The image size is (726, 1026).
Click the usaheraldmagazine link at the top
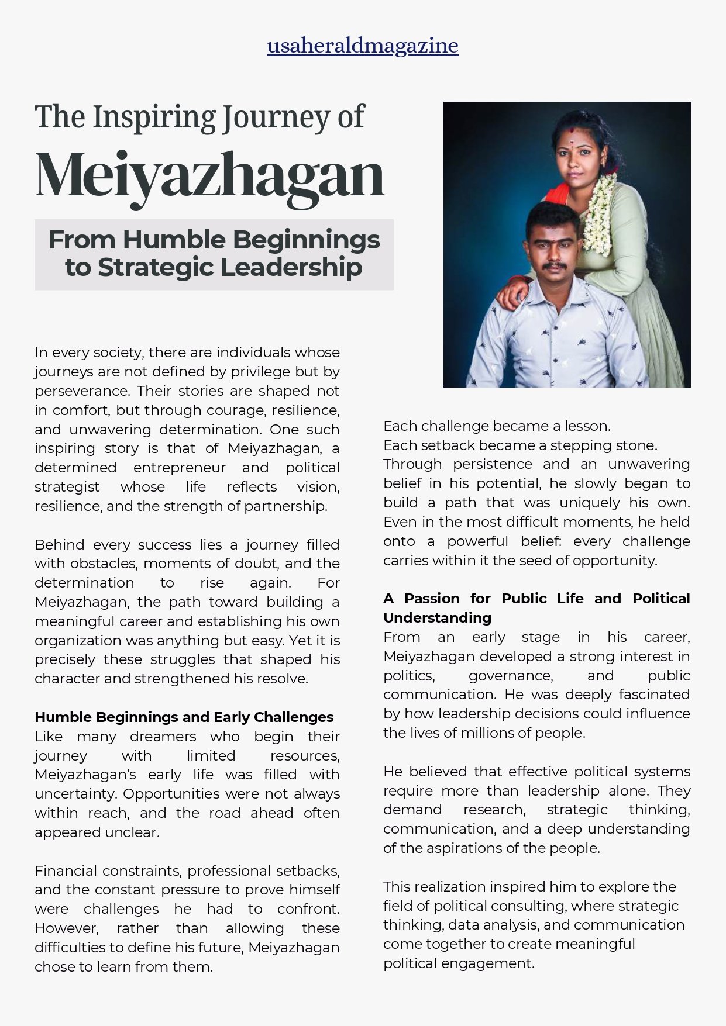(363, 46)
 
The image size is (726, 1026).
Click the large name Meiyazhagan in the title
(210, 174)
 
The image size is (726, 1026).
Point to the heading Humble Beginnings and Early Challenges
(184, 717)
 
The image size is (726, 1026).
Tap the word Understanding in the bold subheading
(437, 618)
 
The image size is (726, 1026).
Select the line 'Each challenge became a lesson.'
(497, 426)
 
